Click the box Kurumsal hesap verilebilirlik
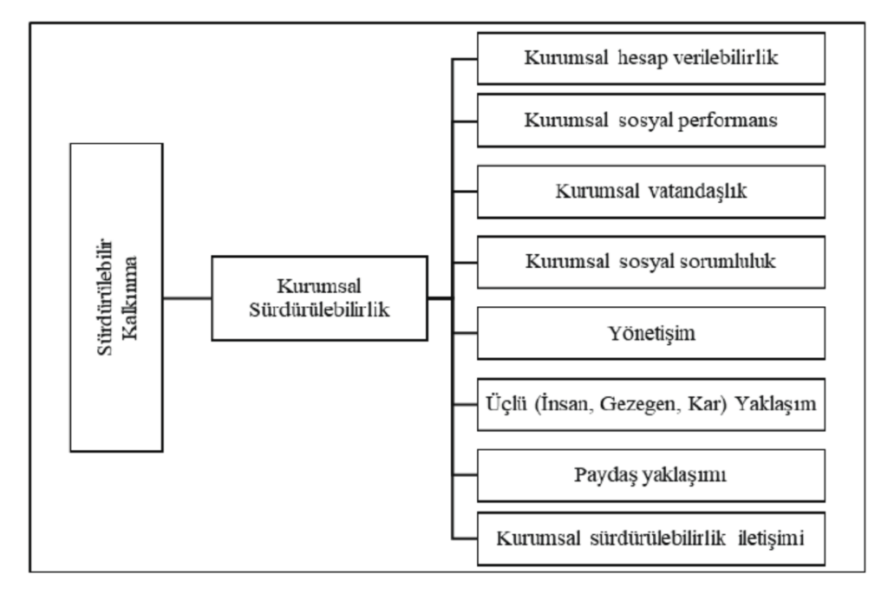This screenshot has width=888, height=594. [650, 58]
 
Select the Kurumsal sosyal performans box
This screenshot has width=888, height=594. [650, 121]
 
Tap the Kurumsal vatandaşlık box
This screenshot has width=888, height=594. [650, 192]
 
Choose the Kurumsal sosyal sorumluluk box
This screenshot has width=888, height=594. [650, 262]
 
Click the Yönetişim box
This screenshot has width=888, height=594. [650, 333]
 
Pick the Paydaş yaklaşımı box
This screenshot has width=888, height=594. [650, 475]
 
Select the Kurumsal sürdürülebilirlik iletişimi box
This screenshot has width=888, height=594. [650, 539]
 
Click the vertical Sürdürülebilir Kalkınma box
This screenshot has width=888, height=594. [117, 297]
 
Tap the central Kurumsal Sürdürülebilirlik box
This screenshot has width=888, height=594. [319, 297]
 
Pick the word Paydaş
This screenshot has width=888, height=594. [602, 475]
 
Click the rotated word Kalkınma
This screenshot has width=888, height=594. [130, 297]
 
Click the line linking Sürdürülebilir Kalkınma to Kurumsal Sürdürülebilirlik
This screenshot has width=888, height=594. [187, 297]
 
